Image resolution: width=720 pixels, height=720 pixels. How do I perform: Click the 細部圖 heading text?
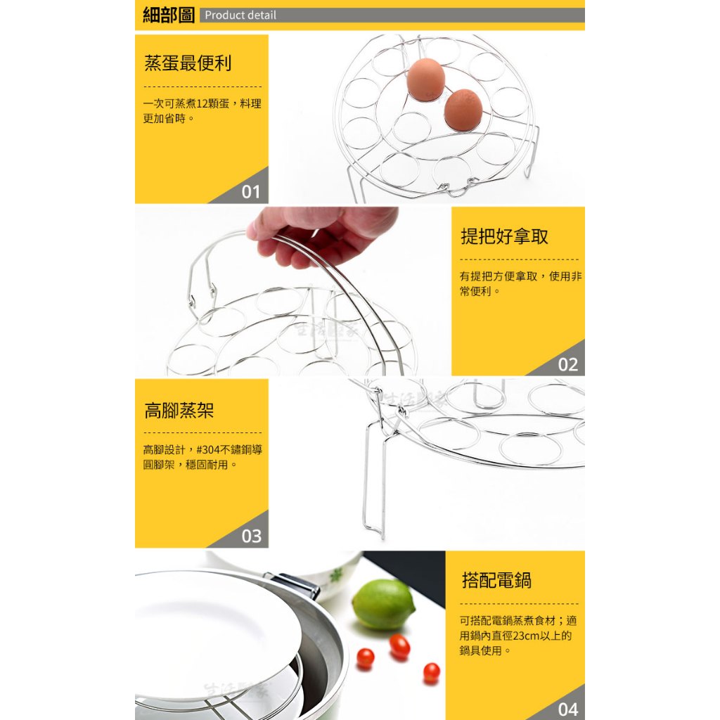[169, 15]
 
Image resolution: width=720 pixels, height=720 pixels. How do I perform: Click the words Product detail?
[240, 15]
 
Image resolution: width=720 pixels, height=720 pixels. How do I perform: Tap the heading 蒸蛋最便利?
[188, 63]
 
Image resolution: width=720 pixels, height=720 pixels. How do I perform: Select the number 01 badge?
[251, 191]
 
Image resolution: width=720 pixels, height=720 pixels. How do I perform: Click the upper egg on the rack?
[425, 79]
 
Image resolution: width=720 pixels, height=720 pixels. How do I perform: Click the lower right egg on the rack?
[463, 110]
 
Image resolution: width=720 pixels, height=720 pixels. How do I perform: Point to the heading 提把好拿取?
[504, 236]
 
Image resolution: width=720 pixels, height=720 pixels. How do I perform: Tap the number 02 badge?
[567, 365]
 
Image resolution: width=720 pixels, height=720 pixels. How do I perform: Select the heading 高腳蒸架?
[179, 410]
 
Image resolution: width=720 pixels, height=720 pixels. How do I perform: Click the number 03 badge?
[251, 536]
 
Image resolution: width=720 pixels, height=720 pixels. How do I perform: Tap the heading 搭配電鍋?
[496, 580]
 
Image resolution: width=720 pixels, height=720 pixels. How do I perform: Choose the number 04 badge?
[567, 709]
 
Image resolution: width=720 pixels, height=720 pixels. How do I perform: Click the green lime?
[383, 604]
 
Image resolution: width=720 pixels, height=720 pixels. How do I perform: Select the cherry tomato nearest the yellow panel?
[431, 673]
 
